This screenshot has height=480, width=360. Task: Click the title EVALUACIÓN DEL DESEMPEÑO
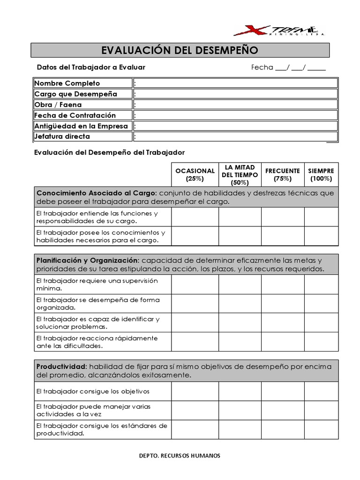180,50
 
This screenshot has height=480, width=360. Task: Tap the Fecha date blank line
300,67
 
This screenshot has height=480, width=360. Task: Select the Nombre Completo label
67,83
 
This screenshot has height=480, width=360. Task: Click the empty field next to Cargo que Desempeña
235,94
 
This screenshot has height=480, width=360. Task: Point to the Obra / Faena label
58,105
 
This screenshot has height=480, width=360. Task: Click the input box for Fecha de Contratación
235,115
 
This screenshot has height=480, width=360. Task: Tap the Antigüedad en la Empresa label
81,126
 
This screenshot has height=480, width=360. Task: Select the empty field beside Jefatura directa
235,136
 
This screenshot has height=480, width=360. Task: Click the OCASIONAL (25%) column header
195,174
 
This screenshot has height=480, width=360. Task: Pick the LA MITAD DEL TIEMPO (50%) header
240,174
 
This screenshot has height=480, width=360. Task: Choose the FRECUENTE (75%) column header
282,174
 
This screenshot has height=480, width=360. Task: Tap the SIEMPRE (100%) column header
321,174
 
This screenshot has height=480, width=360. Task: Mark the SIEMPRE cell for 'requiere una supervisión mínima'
321,284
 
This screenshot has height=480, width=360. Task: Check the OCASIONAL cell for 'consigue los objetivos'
195,391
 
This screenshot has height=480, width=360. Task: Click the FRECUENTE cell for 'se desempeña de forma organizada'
282,303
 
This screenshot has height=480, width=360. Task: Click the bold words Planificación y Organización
88,260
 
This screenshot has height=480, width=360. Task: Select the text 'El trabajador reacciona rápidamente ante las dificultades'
97,342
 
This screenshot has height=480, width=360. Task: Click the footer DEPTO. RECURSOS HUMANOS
180,456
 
